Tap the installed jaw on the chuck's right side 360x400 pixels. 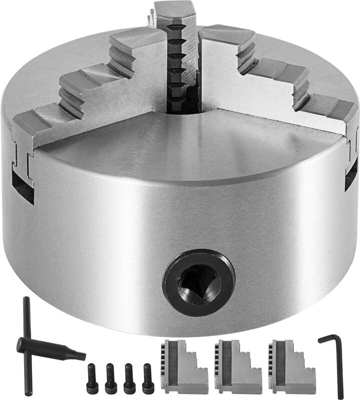click(280, 80)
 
